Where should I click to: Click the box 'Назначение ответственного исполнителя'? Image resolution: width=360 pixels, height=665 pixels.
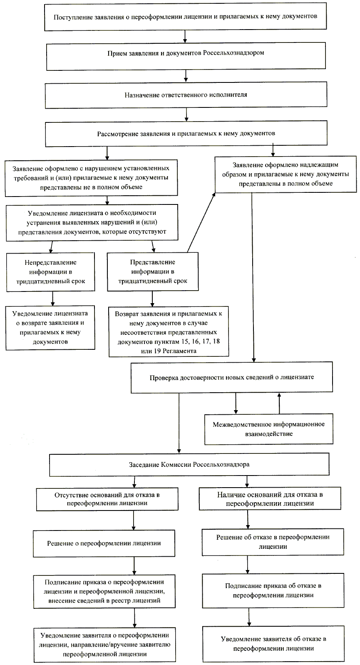point(186,95)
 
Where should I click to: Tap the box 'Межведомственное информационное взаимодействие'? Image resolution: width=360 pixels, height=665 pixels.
point(268,429)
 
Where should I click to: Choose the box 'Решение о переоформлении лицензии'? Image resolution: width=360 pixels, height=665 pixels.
point(104,543)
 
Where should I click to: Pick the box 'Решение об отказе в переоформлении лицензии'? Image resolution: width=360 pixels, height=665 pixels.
point(273,542)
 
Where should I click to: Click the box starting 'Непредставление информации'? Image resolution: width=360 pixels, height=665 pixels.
point(50,272)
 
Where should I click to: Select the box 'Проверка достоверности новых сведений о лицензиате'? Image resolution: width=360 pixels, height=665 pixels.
point(231,377)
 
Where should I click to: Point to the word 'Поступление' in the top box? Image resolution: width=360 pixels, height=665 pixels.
point(71,17)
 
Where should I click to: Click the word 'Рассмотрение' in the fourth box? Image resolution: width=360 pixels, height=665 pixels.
point(116,134)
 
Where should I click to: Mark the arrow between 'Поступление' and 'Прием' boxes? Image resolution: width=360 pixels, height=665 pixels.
point(185,37)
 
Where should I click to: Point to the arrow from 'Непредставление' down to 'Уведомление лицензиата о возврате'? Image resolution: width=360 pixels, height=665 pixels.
point(53,299)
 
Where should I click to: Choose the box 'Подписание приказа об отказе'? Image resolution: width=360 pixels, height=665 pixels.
point(273,590)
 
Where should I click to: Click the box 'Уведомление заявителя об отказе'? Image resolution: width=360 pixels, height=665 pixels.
point(273,644)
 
